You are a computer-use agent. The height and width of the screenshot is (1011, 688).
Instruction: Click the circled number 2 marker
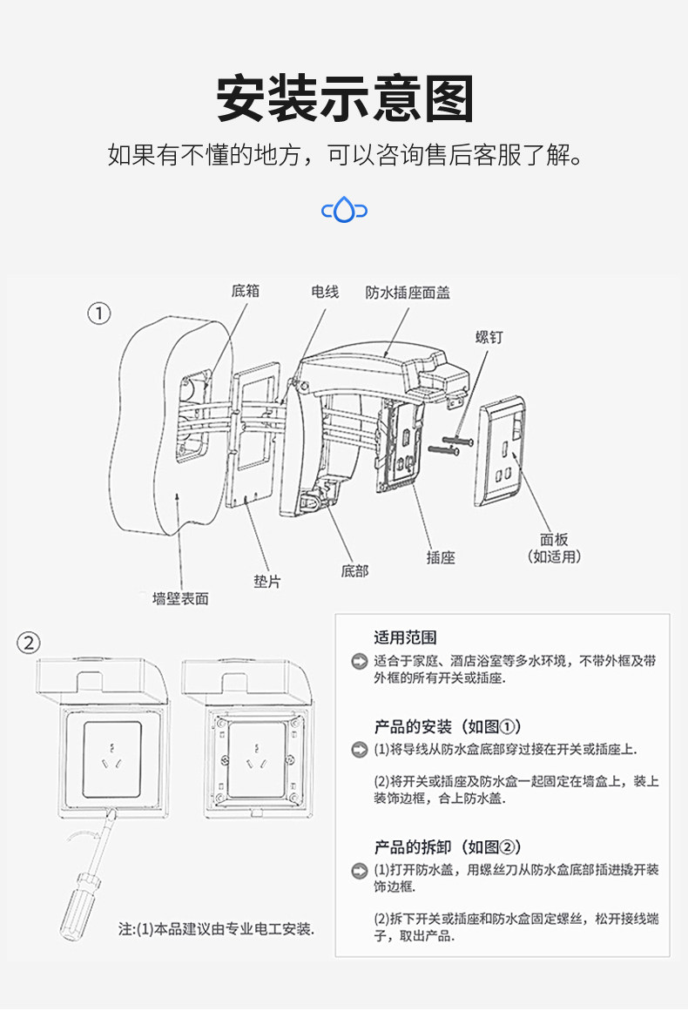[x=30, y=643]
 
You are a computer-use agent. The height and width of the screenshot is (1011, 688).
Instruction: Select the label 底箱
[x=245, y=292]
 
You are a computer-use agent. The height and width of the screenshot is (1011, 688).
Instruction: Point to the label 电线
[x=324, y=292]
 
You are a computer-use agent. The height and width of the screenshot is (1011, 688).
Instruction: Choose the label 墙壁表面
[x=180, y=598]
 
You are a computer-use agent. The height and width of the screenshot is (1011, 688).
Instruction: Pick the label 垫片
[x=266, y=582]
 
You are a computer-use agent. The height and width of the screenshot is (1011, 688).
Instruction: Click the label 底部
[x=354, y=571]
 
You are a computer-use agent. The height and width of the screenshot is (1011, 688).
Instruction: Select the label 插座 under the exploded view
[x=441, y=557]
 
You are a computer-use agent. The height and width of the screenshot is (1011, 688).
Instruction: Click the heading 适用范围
[x=405, y=637]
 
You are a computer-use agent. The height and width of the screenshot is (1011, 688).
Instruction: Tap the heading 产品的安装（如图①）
[x=448, y=726]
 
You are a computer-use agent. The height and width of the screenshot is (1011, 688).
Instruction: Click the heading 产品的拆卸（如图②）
[x=448, y=846]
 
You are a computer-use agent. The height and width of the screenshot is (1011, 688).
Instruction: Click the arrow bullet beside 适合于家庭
[x=359, y=662]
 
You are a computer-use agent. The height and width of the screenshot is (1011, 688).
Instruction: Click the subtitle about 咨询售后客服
[x=344, y=156]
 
